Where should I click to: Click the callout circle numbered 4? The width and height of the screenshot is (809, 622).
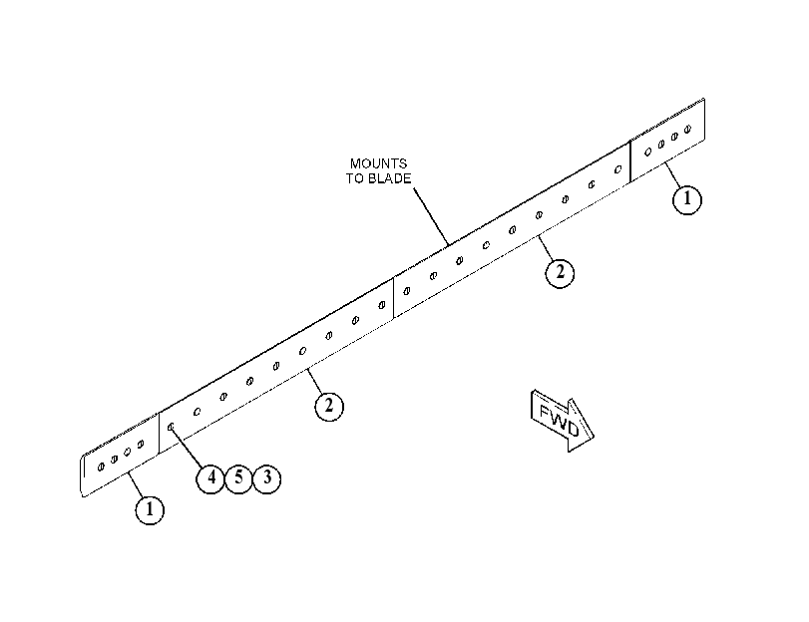(210, 478)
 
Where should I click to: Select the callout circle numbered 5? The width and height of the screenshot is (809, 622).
(238, 478)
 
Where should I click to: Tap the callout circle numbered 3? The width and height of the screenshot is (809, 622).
(266, 478)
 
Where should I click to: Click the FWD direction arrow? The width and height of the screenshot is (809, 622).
(562, 421)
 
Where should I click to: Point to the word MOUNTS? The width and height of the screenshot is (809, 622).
(378, 164)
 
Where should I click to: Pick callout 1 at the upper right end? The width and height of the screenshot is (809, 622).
(687, 199)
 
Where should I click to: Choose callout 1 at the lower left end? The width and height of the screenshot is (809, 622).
(150, 510)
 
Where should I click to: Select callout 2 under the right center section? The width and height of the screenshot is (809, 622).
(560, 273)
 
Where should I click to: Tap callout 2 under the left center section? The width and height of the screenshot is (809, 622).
(329, 407)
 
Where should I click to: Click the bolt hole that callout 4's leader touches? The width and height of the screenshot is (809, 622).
(171, 427)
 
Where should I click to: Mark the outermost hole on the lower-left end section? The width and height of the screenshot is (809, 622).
(101, 466)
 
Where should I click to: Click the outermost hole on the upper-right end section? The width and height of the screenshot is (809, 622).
(687, 129)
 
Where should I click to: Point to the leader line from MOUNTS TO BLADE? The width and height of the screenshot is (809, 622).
(431, 216)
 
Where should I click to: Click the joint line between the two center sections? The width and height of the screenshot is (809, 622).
(394, 298)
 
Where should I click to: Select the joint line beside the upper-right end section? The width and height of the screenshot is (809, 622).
(630, 160)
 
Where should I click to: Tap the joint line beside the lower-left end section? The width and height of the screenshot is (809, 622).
(159, 433)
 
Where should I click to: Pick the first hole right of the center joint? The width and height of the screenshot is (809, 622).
(407, 291)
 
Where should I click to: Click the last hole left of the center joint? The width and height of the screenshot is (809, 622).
(382, 305)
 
